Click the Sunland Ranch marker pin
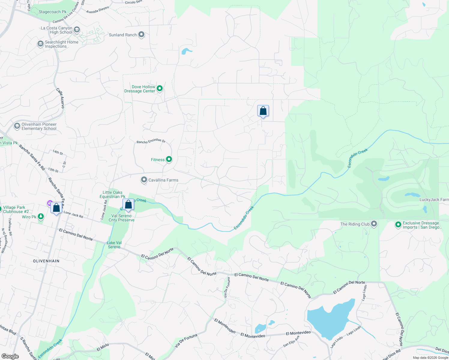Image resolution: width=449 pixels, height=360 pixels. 141,35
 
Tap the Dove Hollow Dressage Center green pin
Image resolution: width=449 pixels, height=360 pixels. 160,88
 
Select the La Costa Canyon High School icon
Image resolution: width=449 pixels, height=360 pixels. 77,30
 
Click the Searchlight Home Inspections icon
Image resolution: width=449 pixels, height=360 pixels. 40,44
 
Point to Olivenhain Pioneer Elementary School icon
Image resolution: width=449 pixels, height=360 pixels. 17,126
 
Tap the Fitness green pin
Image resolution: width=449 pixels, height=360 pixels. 169,159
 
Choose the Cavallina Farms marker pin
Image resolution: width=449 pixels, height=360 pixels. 144,180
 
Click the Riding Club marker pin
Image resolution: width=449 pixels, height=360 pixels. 374,224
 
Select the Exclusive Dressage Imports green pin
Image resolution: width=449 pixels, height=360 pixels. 398,225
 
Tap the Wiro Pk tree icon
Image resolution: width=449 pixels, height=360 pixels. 41,216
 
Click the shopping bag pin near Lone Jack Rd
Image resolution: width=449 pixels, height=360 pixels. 56,208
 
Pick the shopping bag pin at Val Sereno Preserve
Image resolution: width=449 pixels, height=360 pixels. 128,205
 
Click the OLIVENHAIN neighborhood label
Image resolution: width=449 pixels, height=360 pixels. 46,261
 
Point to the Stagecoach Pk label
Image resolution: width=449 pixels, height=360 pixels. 53,12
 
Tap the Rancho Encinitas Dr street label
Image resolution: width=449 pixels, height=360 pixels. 151,141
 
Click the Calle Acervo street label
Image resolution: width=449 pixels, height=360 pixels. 60,98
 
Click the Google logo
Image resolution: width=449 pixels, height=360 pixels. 10,356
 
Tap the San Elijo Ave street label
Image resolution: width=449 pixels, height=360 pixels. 291,341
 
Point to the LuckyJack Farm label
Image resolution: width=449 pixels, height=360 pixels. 434,199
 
